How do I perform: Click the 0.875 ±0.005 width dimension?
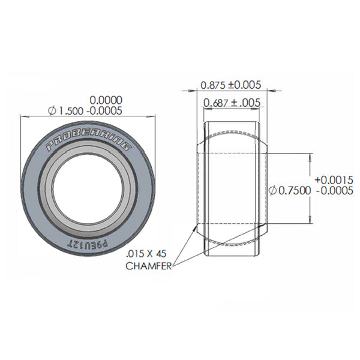click(231, 85)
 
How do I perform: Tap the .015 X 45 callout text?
click(148, 254)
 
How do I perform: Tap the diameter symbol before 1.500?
click(51, 111)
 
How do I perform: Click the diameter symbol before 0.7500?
click(273, 190)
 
